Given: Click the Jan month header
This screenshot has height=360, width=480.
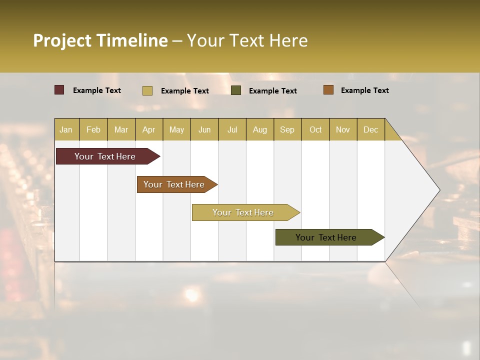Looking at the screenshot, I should pyautogui.click(x=66, y=129).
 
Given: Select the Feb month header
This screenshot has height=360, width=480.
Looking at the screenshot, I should pyautogui.click(x=93, y=129).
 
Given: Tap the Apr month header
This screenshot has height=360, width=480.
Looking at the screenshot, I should pyautogui.click(x=148, y=129).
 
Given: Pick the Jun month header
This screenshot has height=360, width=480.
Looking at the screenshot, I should pyautogui.click(x=204, y=129).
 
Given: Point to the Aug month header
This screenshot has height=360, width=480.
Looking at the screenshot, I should pyautogui.click(x=259, y=129).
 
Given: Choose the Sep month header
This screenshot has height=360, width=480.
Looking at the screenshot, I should pyautogui.click(x=287, y=129).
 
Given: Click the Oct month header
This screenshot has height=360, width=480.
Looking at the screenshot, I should pyautogui.click(x=315, y=129).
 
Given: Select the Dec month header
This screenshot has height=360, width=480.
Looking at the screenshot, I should pyautogui.click(x=370, y=129).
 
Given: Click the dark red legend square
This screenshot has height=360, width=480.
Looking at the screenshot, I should pyautogui.click(x=59, y=90).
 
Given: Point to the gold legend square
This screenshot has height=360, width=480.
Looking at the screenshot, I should pyautogui.click(x=147, y=90).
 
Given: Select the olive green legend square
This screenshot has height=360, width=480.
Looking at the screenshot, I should pyautogui.click(x=236, y=90).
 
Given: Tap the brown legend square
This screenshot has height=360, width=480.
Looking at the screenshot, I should pyautogui.click(x=328, y=90).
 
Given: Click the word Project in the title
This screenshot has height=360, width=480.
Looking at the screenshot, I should pyautogui.click(x=62, y=40).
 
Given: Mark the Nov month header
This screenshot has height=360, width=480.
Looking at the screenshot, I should pyautogui.click(x=342, y=129).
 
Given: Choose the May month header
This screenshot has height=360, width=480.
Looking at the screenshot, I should pyautogui.click(x=176, y=129).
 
